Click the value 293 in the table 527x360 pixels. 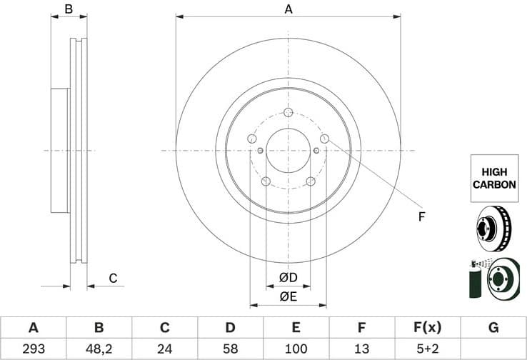pos(33,349)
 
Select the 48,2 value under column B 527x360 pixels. pos(99,349)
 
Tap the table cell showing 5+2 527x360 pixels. pos(428,349)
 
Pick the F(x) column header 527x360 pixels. pos(428,328)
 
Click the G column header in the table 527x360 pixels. pos(493,328)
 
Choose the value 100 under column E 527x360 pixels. pos(296,349)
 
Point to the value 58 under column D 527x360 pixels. pos(230,349)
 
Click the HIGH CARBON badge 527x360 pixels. pos(493,178)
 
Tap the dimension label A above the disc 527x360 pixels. pos(288,9)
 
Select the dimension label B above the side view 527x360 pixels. pos(69,9)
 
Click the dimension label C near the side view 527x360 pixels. pos(112,278)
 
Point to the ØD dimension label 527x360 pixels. pos(288,277)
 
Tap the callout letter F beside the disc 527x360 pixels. pos(421,216)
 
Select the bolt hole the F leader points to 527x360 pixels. pos(324,139)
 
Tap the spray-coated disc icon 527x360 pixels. pos(493,278)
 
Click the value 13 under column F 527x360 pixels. pos(361,349)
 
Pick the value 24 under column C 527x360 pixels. pos(164,349)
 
